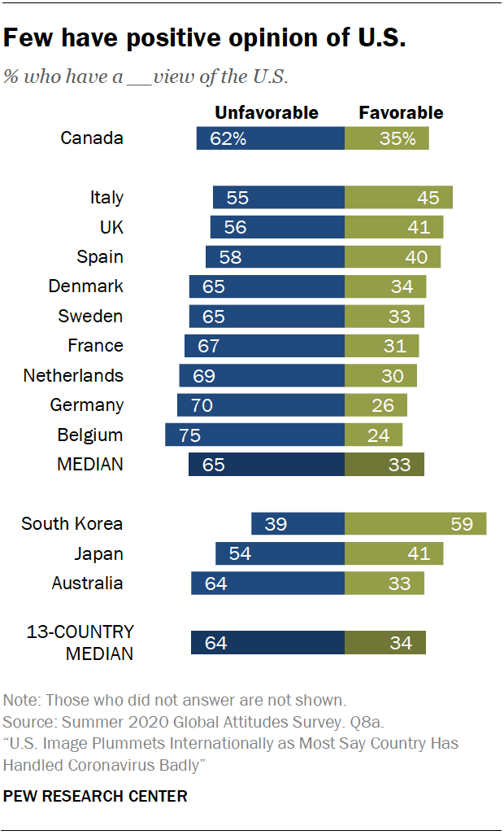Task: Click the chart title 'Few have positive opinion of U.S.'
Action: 205,38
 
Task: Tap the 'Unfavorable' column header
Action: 266,112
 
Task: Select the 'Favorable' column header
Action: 401,112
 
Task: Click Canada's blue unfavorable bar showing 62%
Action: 270,138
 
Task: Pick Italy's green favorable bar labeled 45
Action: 398,198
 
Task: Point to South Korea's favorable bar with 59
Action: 415,524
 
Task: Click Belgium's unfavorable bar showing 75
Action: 254,435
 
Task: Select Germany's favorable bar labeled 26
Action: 376,405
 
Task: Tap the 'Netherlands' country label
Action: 73,375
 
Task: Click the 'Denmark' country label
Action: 85,286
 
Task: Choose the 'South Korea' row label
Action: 72,524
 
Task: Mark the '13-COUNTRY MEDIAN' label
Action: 80,642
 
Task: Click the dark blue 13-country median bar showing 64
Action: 267,643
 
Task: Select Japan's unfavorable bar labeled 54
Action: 280,554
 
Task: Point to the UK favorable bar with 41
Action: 393,227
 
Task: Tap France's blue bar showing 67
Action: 264,346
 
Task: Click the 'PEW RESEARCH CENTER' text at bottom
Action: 95,796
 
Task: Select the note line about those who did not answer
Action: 175,700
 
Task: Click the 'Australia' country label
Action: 87,584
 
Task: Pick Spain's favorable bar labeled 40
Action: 393,257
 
